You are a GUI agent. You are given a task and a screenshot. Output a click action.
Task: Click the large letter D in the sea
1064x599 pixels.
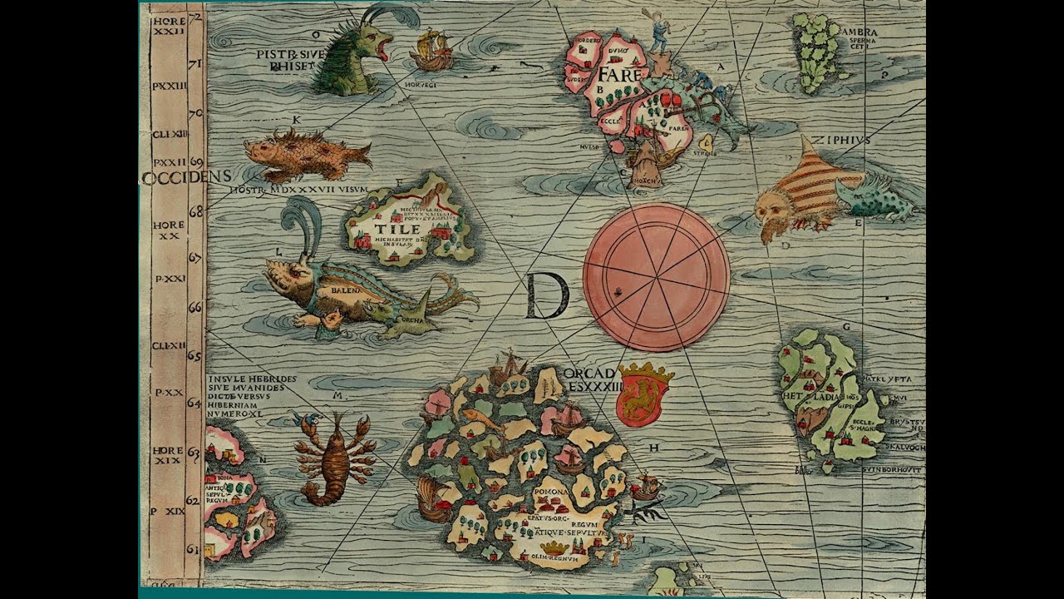547,297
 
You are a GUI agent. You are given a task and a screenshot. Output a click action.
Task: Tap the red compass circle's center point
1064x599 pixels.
657,277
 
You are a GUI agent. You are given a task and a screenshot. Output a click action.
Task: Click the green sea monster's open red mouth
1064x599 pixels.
383,48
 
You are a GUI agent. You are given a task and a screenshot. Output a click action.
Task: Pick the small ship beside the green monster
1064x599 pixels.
431,50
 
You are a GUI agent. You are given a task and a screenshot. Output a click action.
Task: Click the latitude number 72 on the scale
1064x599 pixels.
197,17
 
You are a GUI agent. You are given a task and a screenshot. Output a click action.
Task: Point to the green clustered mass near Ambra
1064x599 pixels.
814,50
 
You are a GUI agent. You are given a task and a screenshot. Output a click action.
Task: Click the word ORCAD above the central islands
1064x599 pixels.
589,373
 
